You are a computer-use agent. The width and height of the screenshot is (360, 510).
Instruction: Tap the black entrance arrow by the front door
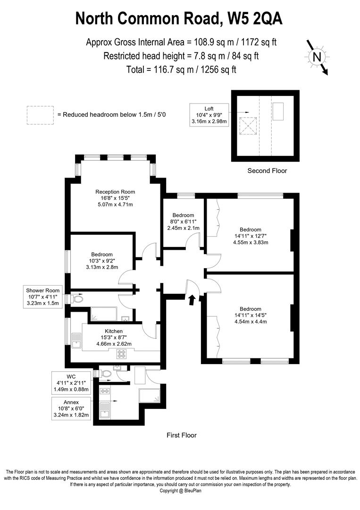coord(192,299)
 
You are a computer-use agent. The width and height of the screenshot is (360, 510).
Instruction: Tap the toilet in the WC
coord(106,374)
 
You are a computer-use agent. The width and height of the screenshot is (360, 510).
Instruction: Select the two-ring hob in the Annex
coord(104,391)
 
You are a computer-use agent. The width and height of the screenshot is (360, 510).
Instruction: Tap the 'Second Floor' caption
coord(267,171)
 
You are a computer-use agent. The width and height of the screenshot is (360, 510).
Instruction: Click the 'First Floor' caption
coord(182,435)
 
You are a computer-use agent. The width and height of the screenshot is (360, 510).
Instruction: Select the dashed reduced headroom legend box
coord(40,115)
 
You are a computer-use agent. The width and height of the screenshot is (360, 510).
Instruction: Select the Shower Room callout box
coord(43,297)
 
